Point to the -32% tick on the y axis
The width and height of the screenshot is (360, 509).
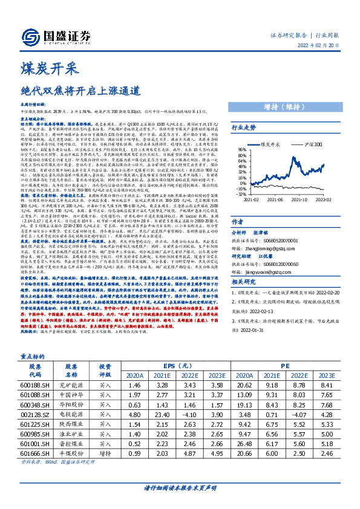point(241,195)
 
